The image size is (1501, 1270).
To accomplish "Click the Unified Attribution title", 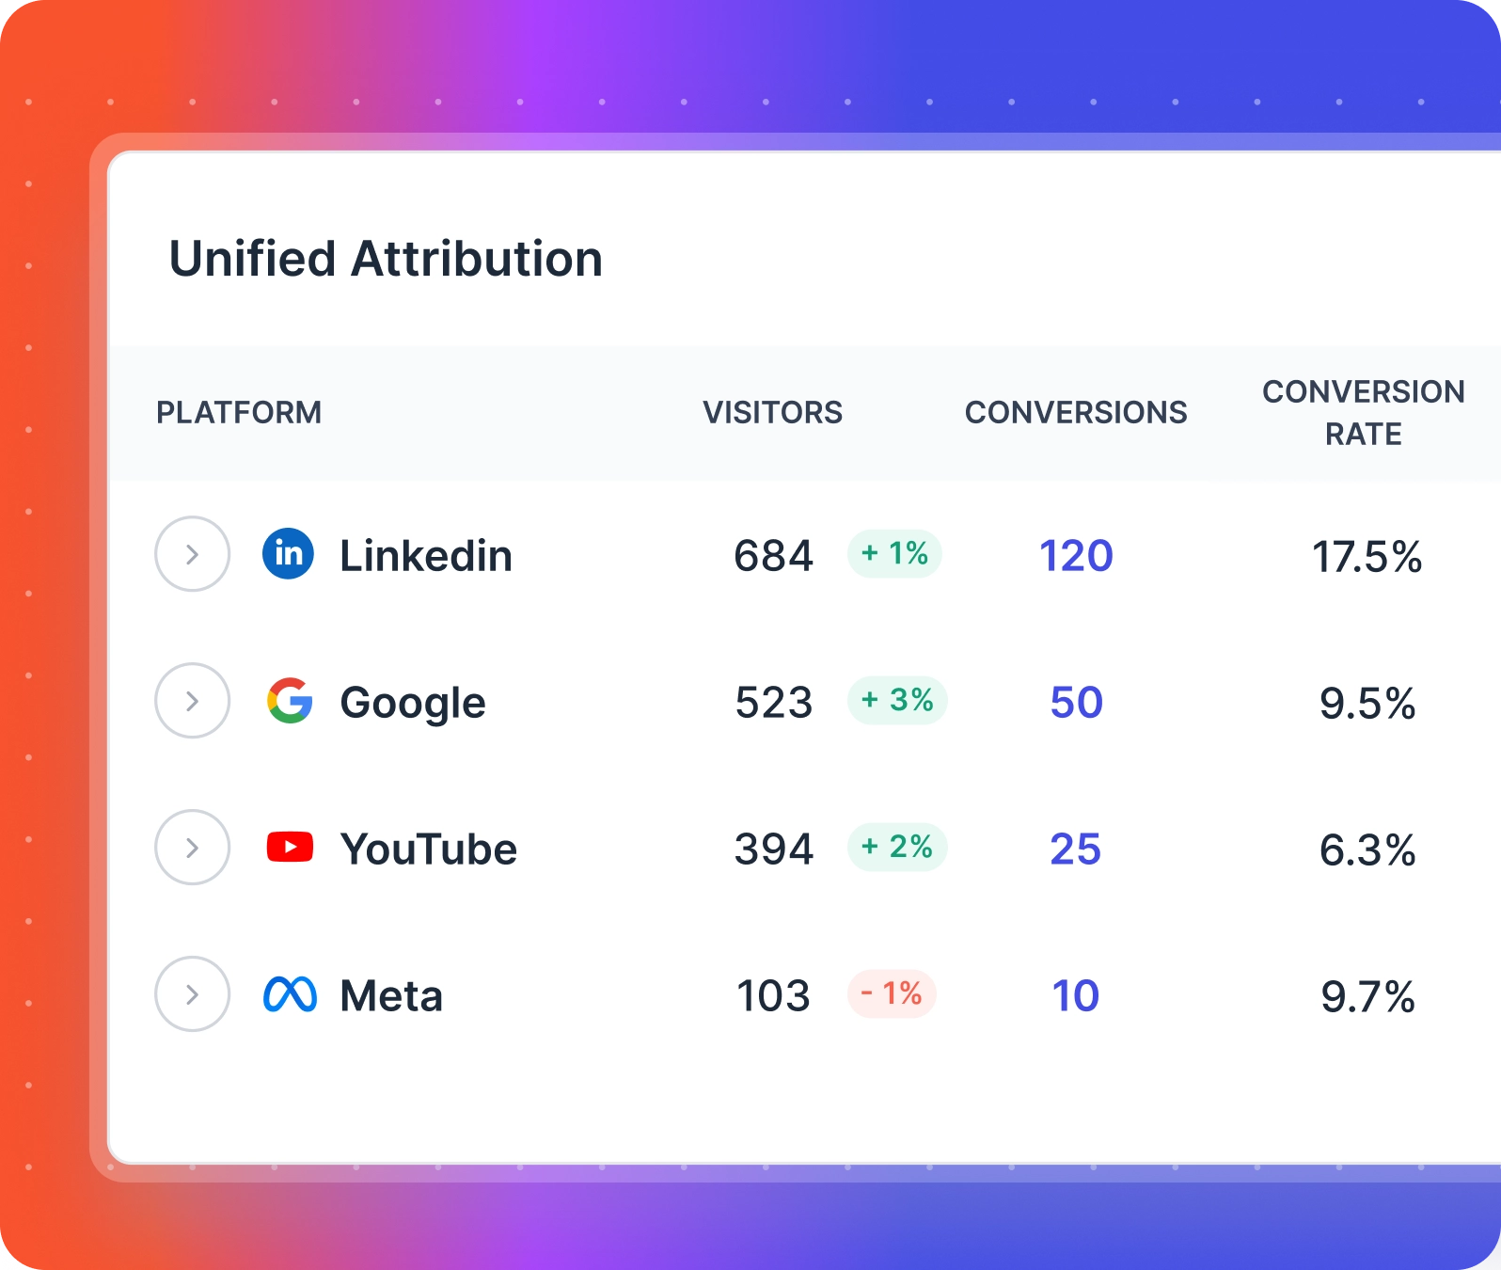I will [x=386, y=260].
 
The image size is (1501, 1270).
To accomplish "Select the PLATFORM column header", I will [x=239, y=413].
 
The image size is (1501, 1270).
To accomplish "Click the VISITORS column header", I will [x=772, y=413].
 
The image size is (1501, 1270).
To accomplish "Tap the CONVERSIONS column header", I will [x=1076, y=413].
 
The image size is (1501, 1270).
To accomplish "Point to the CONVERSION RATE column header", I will [x=1363, y=413].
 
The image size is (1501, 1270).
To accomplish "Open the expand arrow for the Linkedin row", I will [x=192, y=554].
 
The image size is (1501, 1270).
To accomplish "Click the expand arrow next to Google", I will [x=192, y=701].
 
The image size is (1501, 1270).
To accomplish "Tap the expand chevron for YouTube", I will [x=192, y=848].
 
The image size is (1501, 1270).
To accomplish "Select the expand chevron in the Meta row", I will [x=192, y=994].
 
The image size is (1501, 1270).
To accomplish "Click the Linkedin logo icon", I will [x=288, y=553].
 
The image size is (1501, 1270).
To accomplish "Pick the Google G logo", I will [x=290, y=701].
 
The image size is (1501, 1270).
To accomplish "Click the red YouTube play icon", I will [x=290, y=847].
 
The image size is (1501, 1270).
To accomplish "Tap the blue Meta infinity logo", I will [x=290, y=994].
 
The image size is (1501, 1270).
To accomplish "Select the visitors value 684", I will [x=773, y=556].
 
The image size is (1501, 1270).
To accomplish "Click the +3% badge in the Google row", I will [x=897, y=700].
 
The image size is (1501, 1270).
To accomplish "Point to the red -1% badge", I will [x=892, y=993].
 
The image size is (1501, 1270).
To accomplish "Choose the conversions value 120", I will [x=1076, y=556].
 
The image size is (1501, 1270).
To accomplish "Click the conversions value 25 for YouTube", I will [x=1075, y=849].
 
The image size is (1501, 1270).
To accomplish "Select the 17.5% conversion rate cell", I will [x=1367, y=557].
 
